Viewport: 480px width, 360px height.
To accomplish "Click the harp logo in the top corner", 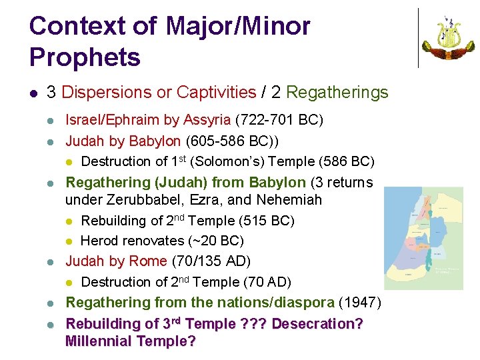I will (449, 37).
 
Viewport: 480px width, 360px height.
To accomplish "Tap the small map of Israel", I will (423, 238).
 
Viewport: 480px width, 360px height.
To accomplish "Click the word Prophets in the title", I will (85, 57).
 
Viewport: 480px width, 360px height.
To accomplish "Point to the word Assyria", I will (207, 121).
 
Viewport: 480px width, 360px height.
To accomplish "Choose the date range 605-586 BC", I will (226, 141).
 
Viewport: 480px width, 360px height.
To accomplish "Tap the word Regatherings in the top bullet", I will (337, 93).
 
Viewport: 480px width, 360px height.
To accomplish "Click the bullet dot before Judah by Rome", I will (51, 261).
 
